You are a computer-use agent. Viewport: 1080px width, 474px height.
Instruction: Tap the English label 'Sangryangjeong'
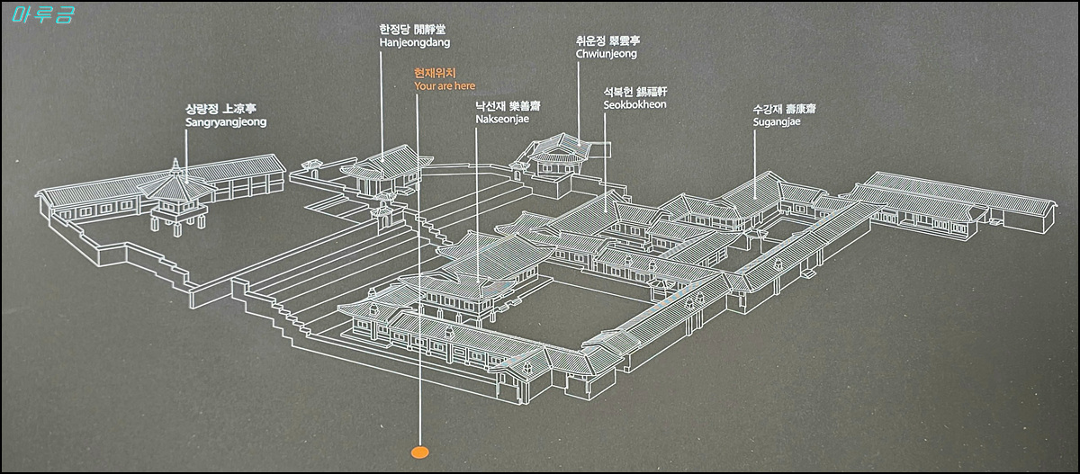click(x=225, y=121)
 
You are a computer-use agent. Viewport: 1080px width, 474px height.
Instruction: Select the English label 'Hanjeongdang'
click(x=414, y=42)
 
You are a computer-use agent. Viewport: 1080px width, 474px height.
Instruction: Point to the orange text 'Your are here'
click(x=444, y=85)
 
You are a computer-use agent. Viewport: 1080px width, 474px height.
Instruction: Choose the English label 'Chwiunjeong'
click(x=606, y=54)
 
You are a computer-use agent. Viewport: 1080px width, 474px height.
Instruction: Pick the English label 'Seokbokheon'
click(x=634, y=104)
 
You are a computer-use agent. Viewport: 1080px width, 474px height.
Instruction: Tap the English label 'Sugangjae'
click(x=777, y=121)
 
